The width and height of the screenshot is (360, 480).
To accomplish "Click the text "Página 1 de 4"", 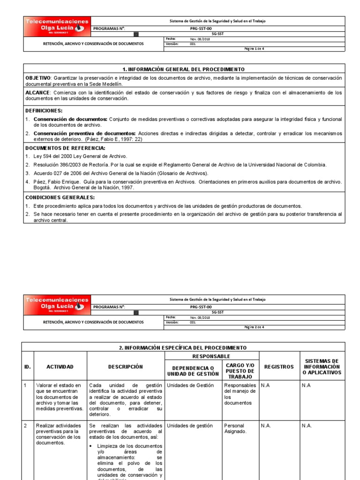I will (x=255, y=48).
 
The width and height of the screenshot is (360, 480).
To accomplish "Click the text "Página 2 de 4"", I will (x=255, y=327).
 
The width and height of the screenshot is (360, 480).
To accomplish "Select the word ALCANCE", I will (x=37, y=93).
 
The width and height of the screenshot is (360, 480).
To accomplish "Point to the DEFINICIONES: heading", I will (x=44, y=111).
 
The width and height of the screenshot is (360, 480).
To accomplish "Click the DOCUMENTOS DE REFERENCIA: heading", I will (x=58, y=148).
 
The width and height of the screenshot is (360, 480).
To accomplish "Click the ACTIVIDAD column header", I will (x=60, y=367).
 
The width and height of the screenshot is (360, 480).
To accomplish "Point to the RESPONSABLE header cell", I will (x=211, y=356).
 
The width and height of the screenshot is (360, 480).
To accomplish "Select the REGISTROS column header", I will (x=278, y=367).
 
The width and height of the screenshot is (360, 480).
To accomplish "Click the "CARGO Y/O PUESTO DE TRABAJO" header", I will (x=240, y=370).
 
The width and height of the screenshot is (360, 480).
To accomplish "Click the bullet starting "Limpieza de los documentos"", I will (x=129, y=446).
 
